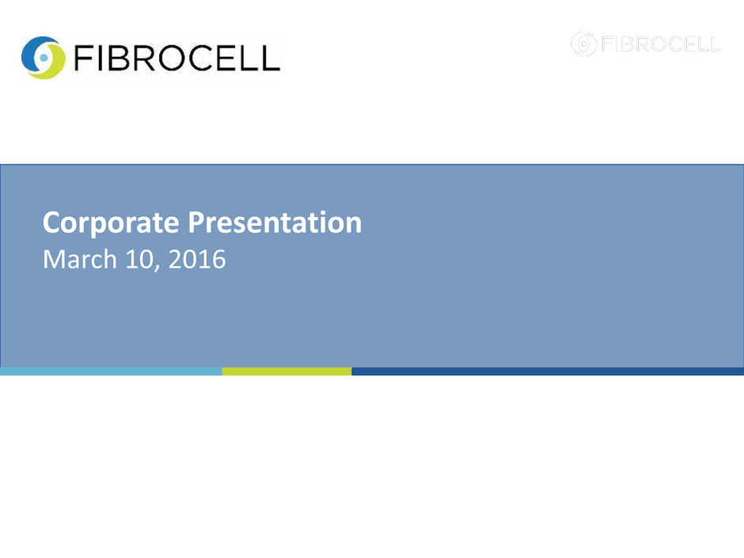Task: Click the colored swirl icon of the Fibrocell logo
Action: pyautogui.click(x=44, y=58)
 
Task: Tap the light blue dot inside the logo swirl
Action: pyautogui.click(x=44, y=58)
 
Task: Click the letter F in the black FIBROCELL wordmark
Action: pyautogui.click(x=82, y=58)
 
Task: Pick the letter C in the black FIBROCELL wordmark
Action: pyautogui.click(x=202, y=58)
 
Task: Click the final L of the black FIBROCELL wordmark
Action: pyautogui.click(x=271, y=58)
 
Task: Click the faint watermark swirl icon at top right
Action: pyautogui.click(x=583, y=44)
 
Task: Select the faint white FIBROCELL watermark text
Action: pyautogui.click(x=661, y=44)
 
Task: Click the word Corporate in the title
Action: pyautogui.click(x=111, y=223)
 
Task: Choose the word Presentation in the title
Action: pyautogui.click(x=275, y=222)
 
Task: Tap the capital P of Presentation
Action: pyautogui.click(x=197, y=222)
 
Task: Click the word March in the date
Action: pyautogui.click(x=80, y=259)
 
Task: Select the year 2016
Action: pyautogui.click(x=197, y=260)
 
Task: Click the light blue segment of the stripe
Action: pyautogui.click(x=111, y=371)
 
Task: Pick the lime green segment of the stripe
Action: pyautogui.click(x=287, y=371)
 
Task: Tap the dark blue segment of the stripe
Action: pyautogui.click(x=548, y=371)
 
